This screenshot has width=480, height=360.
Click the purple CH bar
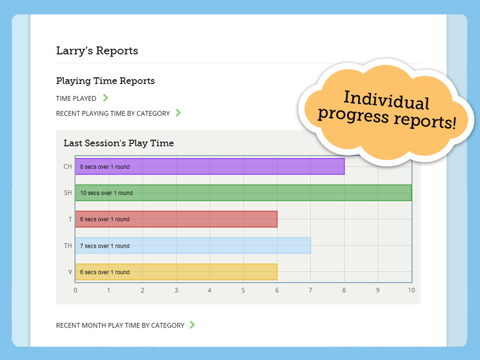click(210, 167)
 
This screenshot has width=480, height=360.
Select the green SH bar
click(243, 193)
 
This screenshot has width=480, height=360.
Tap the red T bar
click(176, 219)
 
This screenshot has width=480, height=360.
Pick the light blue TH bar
click(193, 245)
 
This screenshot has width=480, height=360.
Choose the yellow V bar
click(176, 272)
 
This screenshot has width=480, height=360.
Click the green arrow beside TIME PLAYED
click(106, 98)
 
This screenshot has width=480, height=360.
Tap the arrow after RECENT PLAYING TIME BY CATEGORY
click(178, 113)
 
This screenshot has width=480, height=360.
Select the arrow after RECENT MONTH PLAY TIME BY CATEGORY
click(192, 325)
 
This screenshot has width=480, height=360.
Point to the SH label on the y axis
click(68, 193)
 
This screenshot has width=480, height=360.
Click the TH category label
click(68, 246)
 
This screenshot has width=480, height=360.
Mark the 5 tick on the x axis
click(243, 290)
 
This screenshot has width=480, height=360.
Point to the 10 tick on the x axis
click(411, 290)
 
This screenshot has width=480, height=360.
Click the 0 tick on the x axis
click(75, 290)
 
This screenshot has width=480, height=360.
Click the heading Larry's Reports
click(97, 51)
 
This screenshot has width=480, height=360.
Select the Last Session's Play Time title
click(119, 143)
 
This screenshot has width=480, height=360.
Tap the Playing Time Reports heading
click(105, 81)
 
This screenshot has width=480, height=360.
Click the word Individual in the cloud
click(386, 100)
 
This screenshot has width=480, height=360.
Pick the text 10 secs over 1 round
click(106, 193)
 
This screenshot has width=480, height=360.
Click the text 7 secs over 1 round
click(105, 246)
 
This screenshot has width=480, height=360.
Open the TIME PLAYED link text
click(76, 98)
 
